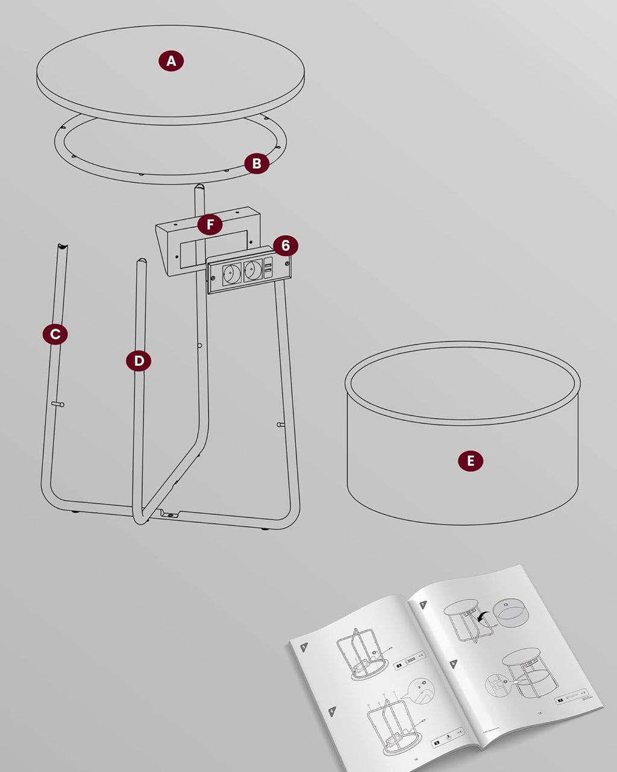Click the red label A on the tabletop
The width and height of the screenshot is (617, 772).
[x=171, y=61]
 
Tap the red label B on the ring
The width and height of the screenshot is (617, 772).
[x=257, y=163]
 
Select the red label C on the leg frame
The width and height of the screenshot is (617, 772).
[x=55, y=334]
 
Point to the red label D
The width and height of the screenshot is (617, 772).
[x=139, y=361]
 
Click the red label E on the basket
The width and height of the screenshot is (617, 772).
[x=471, y=461]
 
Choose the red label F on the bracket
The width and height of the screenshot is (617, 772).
[x=210, y=225]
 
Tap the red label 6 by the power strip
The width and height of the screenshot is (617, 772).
[x=286, y=245]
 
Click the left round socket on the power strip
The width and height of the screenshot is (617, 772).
[x=232, y=273]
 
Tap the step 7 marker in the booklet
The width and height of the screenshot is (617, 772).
[x=423, y=604]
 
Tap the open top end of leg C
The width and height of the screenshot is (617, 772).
[x=61, y=247]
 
